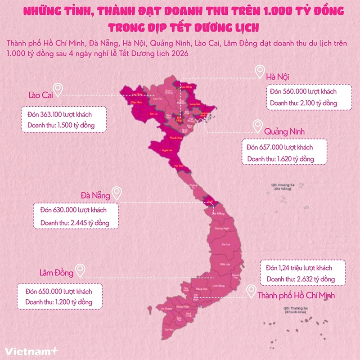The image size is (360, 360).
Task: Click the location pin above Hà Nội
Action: [259, 71]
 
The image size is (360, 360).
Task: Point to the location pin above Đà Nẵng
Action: [117, 193]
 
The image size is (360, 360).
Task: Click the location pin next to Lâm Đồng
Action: [81, 270]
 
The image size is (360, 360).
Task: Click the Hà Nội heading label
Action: [279, 76]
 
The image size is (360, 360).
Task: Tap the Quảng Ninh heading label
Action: [284, 131]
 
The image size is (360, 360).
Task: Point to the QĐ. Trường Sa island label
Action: [295, 310]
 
